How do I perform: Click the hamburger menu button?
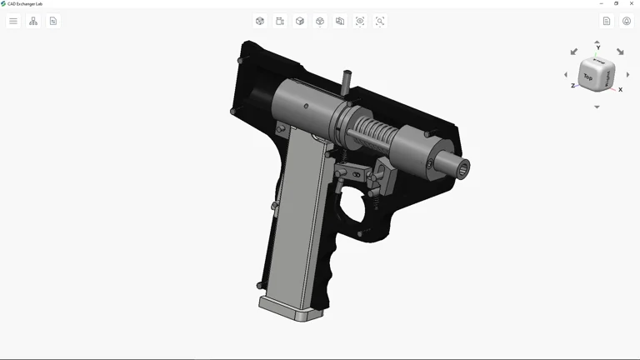pyautogui.click(x=13, y=21)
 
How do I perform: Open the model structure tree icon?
pyautogui.click(x=33, y=21)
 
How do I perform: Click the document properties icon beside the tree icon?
pyautogui.click(x=53, y=21)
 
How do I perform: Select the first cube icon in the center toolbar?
pyautogui.click(x=260, y=21)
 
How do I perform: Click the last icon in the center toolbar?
pyautogui.click(x=380, y=21)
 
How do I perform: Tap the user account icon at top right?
pyautogui.click(x=627, y=21)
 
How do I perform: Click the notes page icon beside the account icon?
pyautogui.click(x=607, y=21)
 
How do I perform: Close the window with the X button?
pyautogui.click(x=632, y=3)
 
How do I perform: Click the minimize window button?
pyautogui.click(x=602, y=3)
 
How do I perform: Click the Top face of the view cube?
pyautogui.click(x=588, y=77)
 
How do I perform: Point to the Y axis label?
pyautogui.click(x=597, y=48)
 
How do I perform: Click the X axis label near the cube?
pyautogui.click(x=620, y=89)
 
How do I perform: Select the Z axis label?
pyautogui.click(x=572, y=86)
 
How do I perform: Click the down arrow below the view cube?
pyautogui.click(x=597, y=107)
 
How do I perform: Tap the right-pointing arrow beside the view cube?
pyautogui.click(x=627, y=75)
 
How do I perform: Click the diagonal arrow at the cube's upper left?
pyautogui.click(x=573, y=52)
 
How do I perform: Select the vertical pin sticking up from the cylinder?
pyautogui.click(x=347, y=80)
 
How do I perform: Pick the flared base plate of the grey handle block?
pyautogui.click(x=291, y=309)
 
